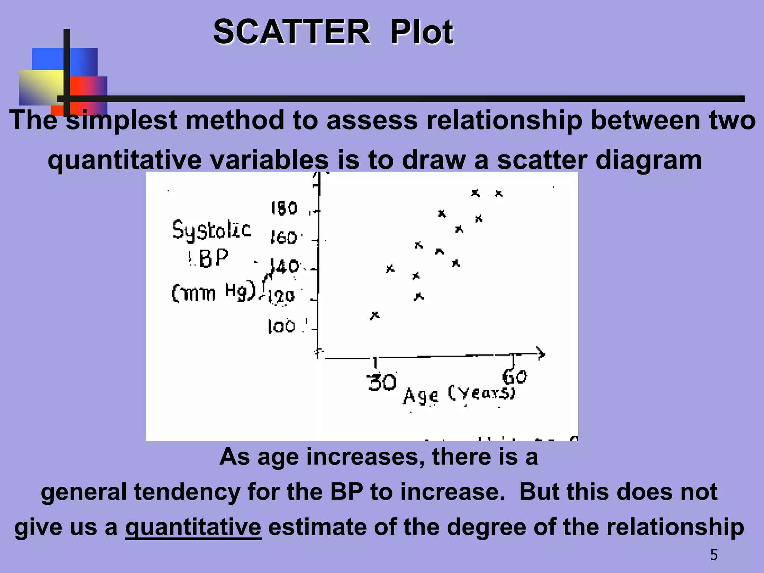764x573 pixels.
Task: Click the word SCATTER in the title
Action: click(x=292, y=32)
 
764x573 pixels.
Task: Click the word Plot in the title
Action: click(x=422, y=32)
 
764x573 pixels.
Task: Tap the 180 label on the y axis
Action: click(x=284, y=208)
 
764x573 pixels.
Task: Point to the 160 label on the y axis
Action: click(x=284, y=238)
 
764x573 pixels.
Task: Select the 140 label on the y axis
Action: click(x=285, y=266)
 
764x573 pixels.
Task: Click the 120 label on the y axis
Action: click(x=281, y=297)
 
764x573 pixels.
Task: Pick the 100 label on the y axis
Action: click(x=282, y=327)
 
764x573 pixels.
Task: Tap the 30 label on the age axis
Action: click(x=381, y=382)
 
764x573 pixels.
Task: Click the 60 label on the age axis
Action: click(x=515, y=377)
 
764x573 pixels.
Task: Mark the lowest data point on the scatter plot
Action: click(x=375, y=316)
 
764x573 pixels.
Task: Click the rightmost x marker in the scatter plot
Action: click(x=499, y=194)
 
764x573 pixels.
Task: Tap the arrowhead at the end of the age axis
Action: click(x=541, y=353)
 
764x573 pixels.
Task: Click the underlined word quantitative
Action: click(x=193, y=527)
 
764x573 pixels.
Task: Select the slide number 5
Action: click(x=714, y=555)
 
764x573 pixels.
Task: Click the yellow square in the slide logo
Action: click(x=41, y=87)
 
